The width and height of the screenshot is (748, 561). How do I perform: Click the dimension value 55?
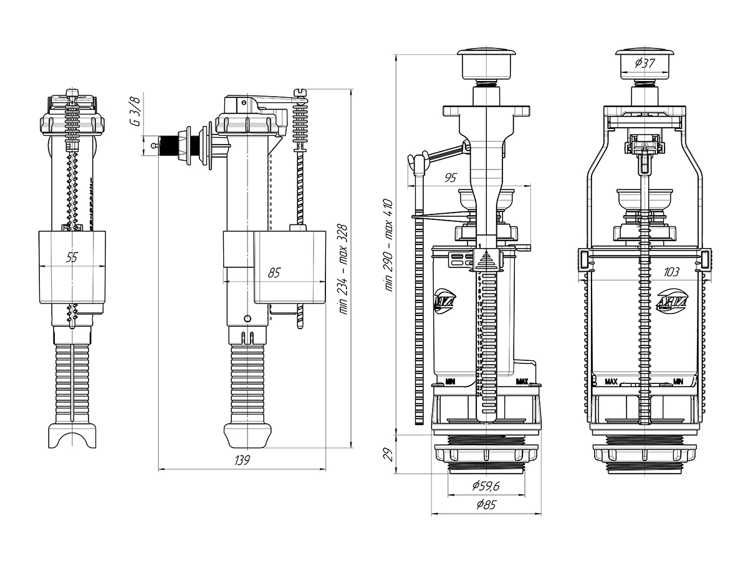72,257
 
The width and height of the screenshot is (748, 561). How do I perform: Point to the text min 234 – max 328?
342,269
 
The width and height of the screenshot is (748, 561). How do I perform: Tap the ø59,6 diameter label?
486,486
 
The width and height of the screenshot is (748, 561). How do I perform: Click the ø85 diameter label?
486,505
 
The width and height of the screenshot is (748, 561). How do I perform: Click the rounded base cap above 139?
248,435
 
